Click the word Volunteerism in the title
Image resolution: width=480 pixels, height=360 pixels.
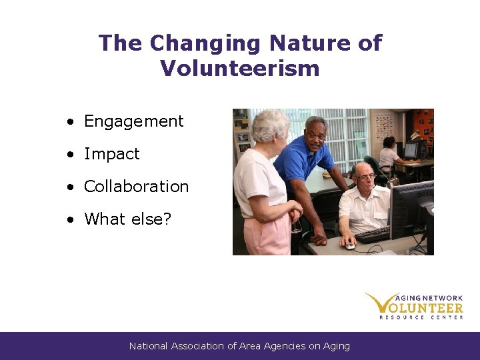(240, 68)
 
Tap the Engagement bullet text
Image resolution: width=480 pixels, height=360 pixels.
(133, 121)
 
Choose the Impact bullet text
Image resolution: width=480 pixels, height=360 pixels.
(112, 154)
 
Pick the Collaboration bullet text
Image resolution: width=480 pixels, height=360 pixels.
(137, 187)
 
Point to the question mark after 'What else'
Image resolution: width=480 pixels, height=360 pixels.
(167, 219)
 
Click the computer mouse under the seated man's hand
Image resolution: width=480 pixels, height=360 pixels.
(350, 245)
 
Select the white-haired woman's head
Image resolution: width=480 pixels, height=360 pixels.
(271, 127)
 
